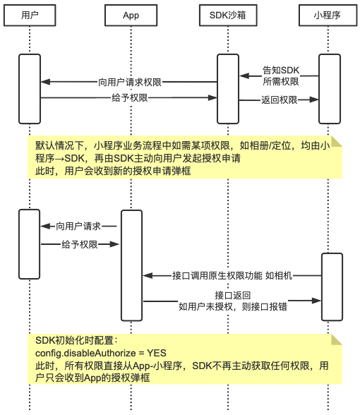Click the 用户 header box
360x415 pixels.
[x=30, y=15]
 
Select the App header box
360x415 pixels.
[x=131, y=15]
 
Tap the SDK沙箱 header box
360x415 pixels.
[x=228, y=15]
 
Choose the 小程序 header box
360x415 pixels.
[x=328, y=15]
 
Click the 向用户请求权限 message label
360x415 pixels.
[x=130, y=82]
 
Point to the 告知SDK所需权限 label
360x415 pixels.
[x=281, y=76]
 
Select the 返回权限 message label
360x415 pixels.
[x=280, y=100]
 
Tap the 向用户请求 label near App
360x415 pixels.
[x=78, y=227]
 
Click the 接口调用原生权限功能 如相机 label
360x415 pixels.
[x=232, y=275]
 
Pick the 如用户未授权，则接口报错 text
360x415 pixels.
[x=233, y=306]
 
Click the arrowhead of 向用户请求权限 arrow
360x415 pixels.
[x=45, y=82]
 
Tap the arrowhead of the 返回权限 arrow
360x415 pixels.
[x=314, y=100]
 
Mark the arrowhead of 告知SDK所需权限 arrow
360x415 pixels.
[x=244, y=76]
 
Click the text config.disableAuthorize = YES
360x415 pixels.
[x=101, y=353]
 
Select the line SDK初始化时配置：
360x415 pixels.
[x=76, y=340]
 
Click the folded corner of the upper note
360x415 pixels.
[x=337, y=141]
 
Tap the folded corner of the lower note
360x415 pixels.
[x=337, y=339]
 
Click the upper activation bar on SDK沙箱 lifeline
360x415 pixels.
[x=228, y=89]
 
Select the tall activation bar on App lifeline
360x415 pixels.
[x=131, y=265]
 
